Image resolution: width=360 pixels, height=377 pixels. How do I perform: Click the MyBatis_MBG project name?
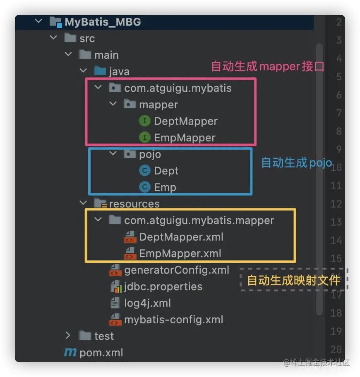103,22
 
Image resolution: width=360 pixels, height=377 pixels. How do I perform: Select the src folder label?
87,38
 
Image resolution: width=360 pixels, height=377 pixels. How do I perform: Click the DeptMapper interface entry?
185,121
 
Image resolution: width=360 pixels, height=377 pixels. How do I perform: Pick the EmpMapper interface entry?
185,138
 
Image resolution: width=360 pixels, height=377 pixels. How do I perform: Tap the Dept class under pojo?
166,171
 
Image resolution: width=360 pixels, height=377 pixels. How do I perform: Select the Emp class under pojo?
165,187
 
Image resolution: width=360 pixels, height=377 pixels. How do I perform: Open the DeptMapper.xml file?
181,237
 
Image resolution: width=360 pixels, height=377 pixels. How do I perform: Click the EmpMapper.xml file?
180,253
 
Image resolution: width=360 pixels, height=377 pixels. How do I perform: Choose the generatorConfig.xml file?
176,270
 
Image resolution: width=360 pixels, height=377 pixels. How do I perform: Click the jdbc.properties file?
163,286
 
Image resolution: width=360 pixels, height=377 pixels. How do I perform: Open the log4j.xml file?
147,303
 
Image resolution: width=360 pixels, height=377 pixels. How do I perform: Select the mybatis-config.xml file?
173,320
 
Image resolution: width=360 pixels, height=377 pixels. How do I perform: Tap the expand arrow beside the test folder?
69,336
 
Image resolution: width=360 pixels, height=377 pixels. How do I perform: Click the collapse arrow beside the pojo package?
113,154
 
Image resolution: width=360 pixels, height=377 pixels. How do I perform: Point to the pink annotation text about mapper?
267,67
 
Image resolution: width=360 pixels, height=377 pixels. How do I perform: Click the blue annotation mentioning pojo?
296,163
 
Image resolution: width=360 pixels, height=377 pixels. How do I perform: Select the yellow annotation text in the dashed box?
293,281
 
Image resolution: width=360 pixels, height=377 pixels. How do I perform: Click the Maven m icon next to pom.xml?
70,353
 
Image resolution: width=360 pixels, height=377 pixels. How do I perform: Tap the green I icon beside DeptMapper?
145,121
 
